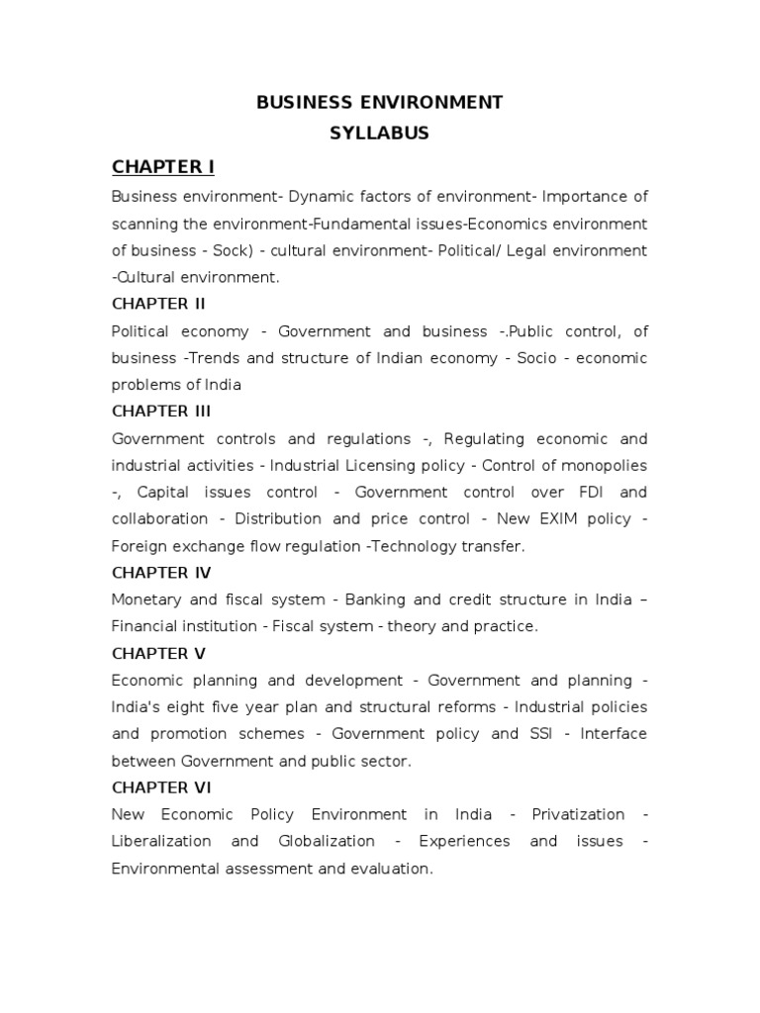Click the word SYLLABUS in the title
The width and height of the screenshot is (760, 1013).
click(380, 133)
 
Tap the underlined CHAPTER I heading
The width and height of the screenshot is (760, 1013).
click(163, 165)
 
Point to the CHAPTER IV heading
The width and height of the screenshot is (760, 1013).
click(161, 573)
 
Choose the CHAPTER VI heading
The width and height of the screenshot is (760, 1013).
click(161, 787)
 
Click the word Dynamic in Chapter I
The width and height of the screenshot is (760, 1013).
click(319, 196)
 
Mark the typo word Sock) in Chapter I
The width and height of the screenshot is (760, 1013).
click(235, 250)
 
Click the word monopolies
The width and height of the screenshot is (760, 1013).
click(605, 465)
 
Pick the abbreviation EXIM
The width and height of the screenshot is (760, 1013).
click(546, 518)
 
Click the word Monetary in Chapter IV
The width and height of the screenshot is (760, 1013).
click(148, 599)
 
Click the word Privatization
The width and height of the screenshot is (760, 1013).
click(578, 814)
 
